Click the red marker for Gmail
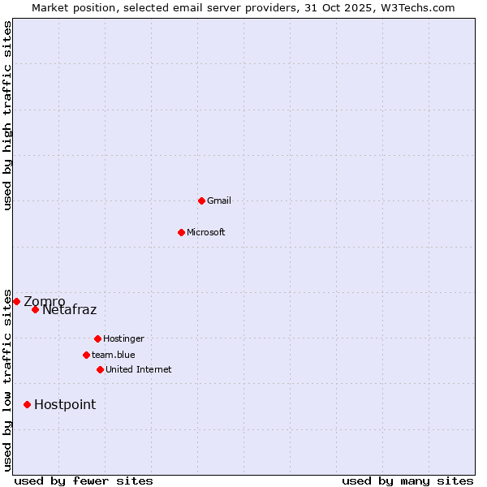tap(201, 200)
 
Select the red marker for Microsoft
tap(181, 232)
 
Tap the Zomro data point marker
tap(16, 301)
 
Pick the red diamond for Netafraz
tap(35, 309)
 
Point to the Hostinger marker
tap(97, 338)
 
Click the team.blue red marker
tap(86, 355)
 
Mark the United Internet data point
tap(100, 369)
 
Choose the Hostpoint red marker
tap(27, 404)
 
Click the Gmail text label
tap(219, 200)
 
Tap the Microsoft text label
tap(206, 232)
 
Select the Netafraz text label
tap(69, 309)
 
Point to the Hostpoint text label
tap(65, 404)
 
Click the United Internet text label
tap(139, 369)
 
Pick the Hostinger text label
tap(123, 338)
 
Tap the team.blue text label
tap(114, 355)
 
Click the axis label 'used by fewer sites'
tap(84, 481)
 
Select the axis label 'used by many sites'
tap(407, 481)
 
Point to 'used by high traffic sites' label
tap(7, 115)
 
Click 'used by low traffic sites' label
tap(7, 380)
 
